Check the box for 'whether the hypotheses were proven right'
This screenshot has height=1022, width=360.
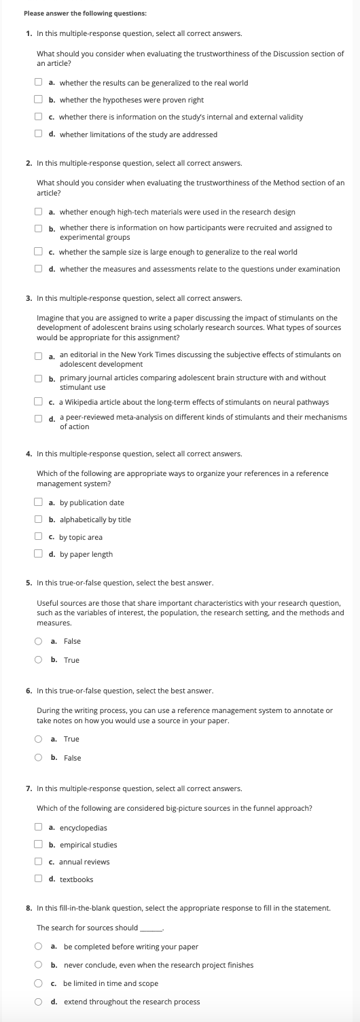pos(39,100)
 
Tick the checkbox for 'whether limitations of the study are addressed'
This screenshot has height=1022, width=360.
pos(39,134)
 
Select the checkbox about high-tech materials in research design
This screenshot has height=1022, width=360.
pos(39,213)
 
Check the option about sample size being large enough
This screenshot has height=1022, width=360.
pos(39,252)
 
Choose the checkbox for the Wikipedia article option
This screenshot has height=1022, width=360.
pos(39,402)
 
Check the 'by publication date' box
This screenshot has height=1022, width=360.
pos(39,503)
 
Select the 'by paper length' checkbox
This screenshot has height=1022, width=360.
pos(39,553)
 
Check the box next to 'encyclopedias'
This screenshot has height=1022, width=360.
pos(39,828)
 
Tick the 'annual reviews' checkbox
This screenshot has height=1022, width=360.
pos(39,862)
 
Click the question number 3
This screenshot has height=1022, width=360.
pos(28,298)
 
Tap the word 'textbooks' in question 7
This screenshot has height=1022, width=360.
pos(76,879)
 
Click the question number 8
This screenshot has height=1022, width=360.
pos(28,908)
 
